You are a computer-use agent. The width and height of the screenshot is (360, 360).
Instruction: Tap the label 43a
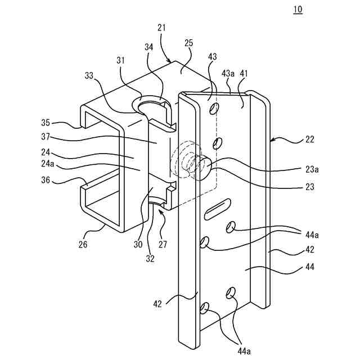pyautogui.click(x=228, y=74)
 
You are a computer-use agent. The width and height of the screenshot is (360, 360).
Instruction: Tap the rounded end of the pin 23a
pyautogui.click(x=205, y=167)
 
